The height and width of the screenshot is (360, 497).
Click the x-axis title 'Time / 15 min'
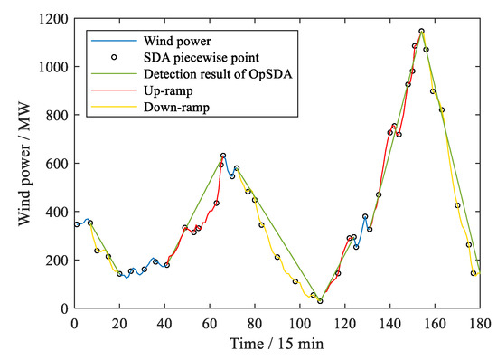click(x=277, y=345)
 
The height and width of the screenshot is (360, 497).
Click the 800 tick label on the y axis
click(x=56, y=116)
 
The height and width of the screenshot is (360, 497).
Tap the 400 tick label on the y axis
click(x=56, y=212)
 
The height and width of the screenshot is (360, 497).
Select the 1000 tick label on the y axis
click(x=52, y=67)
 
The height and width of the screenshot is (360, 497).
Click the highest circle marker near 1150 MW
click(x=421, y=31)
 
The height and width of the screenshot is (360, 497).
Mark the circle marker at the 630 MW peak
click(x=223, y=156)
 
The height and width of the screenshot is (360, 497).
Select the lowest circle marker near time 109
click(x=320, y=301)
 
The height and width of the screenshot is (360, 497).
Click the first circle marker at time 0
click(x=76, y=224)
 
